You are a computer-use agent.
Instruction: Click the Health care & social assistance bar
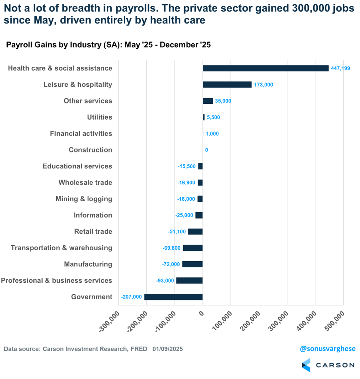tap(265, 68)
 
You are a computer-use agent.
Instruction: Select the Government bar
tap(173, 297)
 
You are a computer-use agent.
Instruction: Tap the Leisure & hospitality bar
tap(227, 85)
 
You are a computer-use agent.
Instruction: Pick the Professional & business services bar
tap(189, 281)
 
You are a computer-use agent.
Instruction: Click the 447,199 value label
tap(341, 68)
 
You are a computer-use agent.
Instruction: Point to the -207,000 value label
tap(132, 297)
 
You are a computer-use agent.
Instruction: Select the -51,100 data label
tap(177, 231)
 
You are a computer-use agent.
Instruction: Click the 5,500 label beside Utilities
tap(213, 117)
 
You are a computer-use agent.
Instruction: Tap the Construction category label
tap(90, 150)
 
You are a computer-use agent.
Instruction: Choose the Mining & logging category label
tap(84, 199)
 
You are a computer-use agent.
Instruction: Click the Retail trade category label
tap(93, 231)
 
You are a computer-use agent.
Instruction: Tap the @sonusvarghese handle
tap(328, 349)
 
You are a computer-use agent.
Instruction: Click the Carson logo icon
tap(306, 365)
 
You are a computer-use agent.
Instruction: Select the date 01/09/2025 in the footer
tap(168, 349)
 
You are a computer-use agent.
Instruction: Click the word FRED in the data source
tap(139, 349)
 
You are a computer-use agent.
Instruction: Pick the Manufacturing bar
tap(192, 264)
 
